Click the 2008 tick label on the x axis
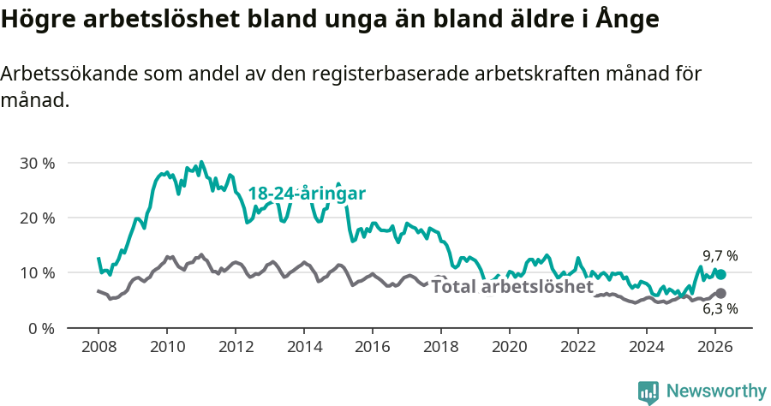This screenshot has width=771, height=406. tap(99, 347)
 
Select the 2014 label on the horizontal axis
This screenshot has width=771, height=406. tap(304, 347)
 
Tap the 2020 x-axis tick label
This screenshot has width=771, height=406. tap(510, 347)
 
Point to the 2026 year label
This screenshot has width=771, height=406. tap(715, 347)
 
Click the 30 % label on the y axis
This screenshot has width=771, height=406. tap(38, 163)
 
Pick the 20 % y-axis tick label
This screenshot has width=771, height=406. tap(38, 218)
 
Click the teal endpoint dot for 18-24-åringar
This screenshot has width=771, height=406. tap(721, 274)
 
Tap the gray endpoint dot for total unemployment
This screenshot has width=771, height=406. tap(721, 293)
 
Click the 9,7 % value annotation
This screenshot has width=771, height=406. tap(720, 255)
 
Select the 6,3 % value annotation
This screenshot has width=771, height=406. tap(720, 309)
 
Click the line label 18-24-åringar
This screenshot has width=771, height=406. tap(307, 194)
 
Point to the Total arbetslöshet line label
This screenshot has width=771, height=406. tap(511, 286)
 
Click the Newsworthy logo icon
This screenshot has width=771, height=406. tap(648, 392)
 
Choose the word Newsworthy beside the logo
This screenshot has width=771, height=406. tap(715, 391)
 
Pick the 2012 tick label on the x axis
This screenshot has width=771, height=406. tap(236, 347)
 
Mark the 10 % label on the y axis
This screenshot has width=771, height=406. tap(38, 273)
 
